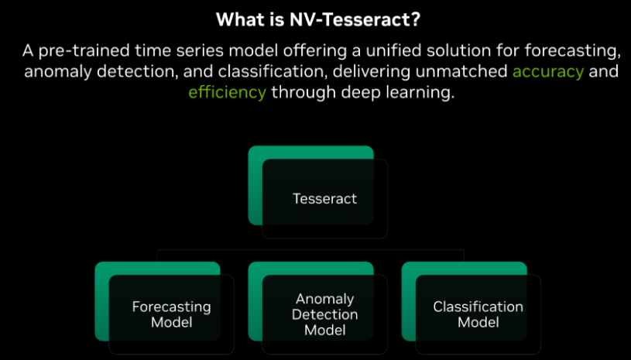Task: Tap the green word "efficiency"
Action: pyautogui.click(x=228, y=92)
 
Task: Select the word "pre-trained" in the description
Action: pyautogui.click(x=75, y=52)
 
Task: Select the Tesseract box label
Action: pyautogui.click(x=324, y=198)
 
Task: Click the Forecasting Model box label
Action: pyautogui.click(x=171, y=314)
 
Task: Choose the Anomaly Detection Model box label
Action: pyautogui.click(x=324, y=314)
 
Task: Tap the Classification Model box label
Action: pyautogui.click(x=478, y=314)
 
